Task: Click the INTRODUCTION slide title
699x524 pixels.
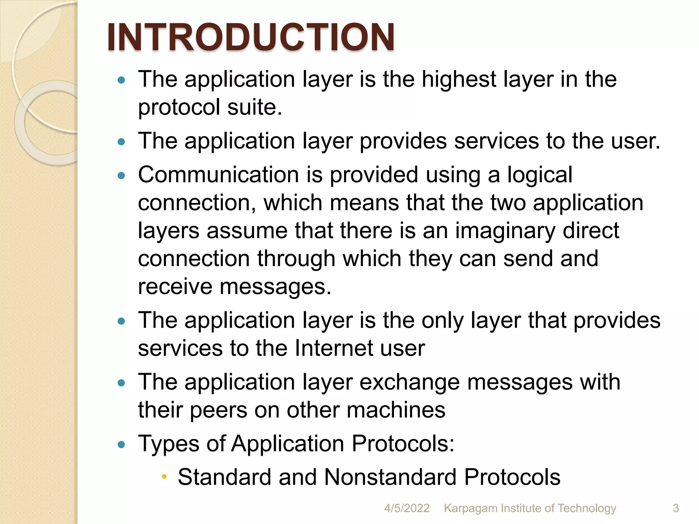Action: point(251,37)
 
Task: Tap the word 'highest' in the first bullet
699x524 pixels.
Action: point(458,79)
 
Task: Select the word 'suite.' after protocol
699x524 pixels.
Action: point(255,107)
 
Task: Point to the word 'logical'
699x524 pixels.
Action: point(540,175)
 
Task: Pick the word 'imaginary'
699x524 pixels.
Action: point(505,231)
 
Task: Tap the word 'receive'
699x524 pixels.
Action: point(175,287)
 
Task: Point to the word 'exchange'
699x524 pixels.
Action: point(410,382)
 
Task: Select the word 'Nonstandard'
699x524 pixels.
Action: point(390,477)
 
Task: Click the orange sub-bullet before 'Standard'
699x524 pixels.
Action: point(164,476)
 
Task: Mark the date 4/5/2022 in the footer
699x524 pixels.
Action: point(407,508)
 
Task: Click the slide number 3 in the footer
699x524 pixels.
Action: point(675,508)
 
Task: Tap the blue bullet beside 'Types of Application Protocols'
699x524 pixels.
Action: point(121,445)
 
